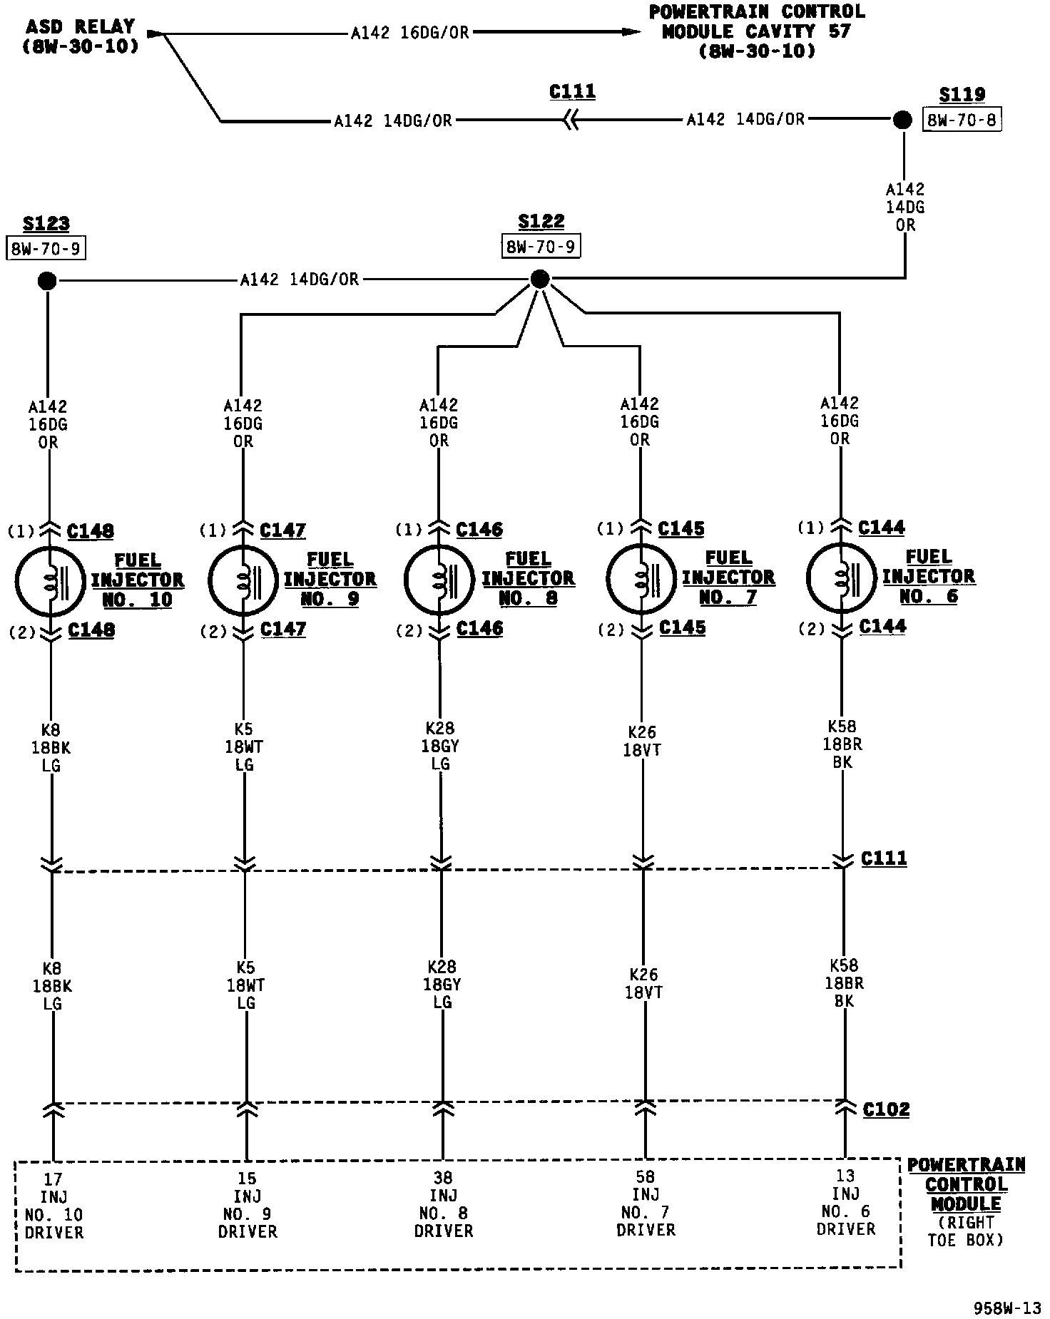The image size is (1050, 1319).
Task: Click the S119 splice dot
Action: pyautogui.click(x=902, y=120)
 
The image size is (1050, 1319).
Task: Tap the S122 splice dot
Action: pyautogui.click(x=540, y=279)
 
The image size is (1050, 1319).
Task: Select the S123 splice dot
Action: pyautogui.click(x=47, y=281)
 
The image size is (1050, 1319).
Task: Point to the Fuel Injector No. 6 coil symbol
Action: pyautogui.click(x=841, y=577)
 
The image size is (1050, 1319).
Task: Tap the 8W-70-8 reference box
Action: pyautogui.click(x=962, y=120)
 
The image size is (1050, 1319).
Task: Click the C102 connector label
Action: pyautogui.click(x=886, y=1109)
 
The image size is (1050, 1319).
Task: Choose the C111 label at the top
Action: pyautogui.click(x=572, y=92)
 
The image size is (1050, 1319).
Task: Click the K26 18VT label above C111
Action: pyautogui.click(x=642, y=741)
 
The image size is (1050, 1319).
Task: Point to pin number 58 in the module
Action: pyautogui.click(x=644, y=1177)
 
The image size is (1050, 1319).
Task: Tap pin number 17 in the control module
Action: pyautogui.click(x=53, y=1179)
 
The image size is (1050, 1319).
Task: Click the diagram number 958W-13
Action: pyautogui.click(x=1007, y=1308)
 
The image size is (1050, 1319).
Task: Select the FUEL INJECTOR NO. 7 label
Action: pyautogui.click(x=728, y=578)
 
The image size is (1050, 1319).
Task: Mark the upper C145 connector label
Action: pyautogui.click(x=681, y=529)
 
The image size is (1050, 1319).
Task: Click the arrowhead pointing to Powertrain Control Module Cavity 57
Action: pyautogui.click(x=631, y=31)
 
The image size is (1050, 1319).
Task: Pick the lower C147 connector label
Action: pyautogui.click(x=283, y=629)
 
